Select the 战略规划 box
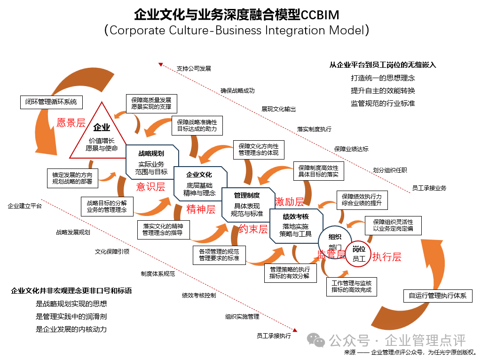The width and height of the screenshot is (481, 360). click(x=152, y=162)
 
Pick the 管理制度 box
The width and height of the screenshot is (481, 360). click(x=248, y=204)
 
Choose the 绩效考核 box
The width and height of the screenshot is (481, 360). click(x=296, y=226)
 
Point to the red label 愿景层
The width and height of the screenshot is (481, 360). click(x=71, y=123)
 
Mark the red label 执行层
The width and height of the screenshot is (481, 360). click(x=386, y=256)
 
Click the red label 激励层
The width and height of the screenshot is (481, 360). click(x=289, y=201)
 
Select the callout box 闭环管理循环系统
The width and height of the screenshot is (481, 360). click(x=52, y=102)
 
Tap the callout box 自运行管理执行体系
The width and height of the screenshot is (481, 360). click(x=438, y=296)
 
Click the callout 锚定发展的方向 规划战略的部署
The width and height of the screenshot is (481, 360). click(x=72, y=178)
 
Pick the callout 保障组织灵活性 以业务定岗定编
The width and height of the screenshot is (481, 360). click(x=393, y=225)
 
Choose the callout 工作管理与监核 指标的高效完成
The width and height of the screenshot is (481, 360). click(x=352, y=286)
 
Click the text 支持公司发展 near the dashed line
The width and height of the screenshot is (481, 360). click(x=194, y=68)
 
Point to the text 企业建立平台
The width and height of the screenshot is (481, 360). click(x=25, y=206)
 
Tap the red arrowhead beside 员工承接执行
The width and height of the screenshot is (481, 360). click(x=295, y=330)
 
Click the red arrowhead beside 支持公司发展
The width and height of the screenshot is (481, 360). click(x=160, y=64)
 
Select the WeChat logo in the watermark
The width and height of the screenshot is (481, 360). click(x=316, y=340)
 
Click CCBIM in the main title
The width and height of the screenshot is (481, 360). click(x=320, y=15)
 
